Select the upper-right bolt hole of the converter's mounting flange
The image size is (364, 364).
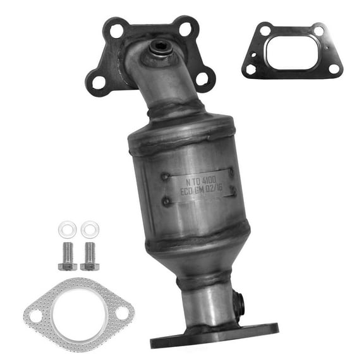(185, 28)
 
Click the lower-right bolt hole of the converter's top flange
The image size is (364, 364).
(203, 78)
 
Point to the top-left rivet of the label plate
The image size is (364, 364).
(166, 178)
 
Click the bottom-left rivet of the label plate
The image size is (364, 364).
(166, 201)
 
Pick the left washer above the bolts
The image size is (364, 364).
(66, 227)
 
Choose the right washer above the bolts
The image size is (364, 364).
(89, 227)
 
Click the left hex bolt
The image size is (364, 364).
(67, 255)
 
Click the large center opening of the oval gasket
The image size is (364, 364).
(78, 312)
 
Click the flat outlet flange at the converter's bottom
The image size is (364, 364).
(214, 337)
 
